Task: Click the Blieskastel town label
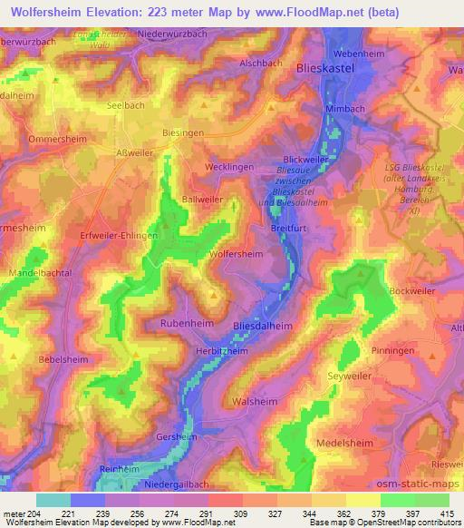coord(326,67)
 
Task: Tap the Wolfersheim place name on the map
coord(238,256)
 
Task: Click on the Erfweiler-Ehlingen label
coord(120,234)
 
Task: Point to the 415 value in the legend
coord(447,513)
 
